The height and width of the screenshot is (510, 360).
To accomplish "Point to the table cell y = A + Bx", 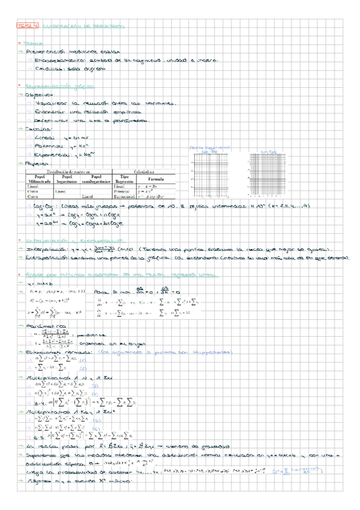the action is [148, 186].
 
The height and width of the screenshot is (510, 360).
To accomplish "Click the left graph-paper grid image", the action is [210, 175].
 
